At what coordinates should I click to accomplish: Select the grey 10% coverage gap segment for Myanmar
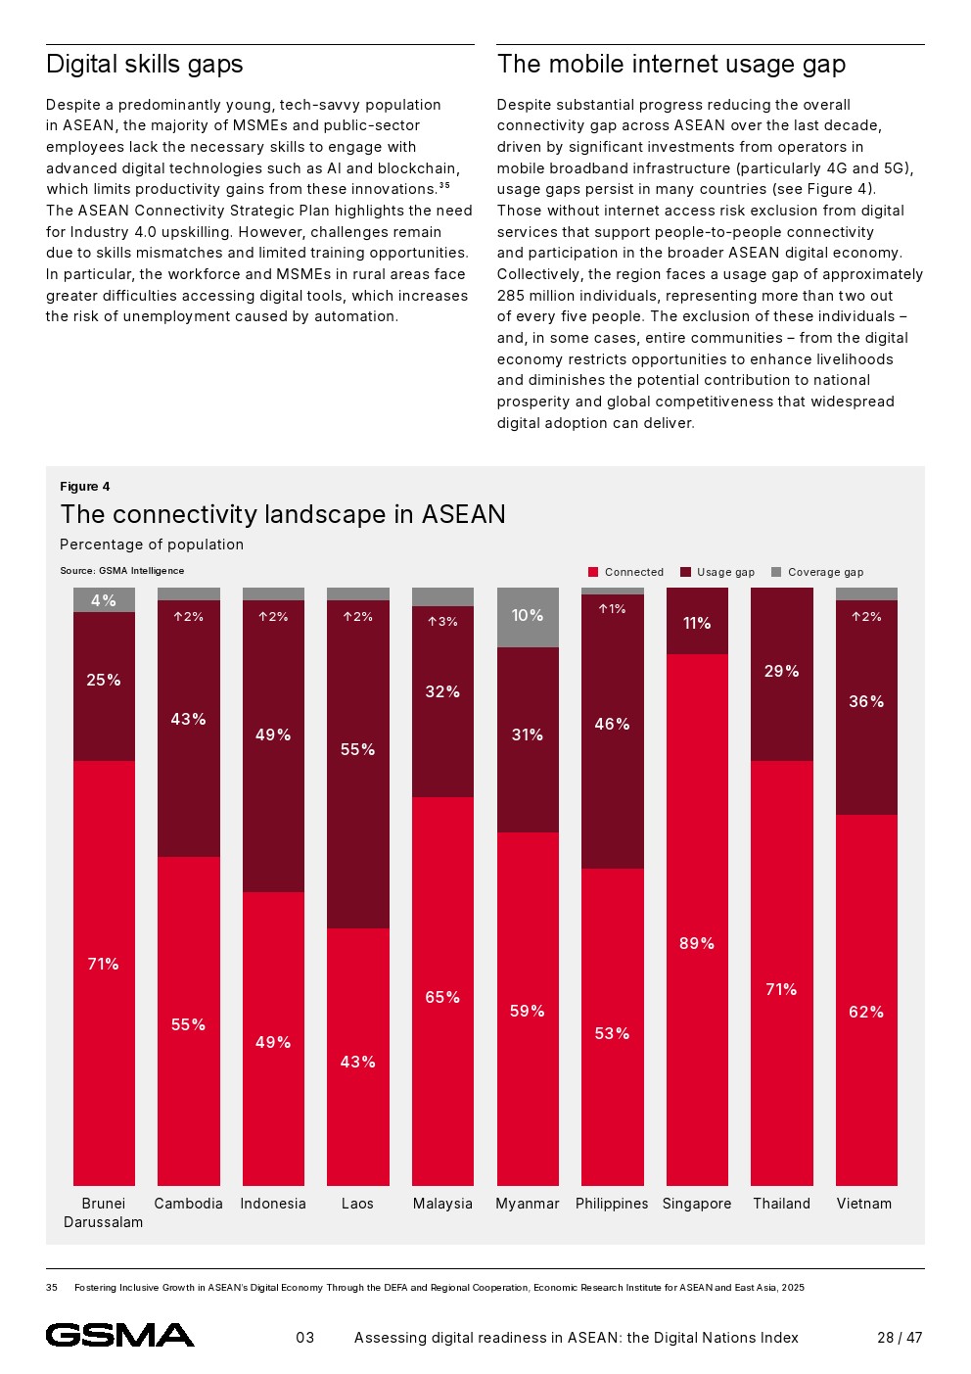(528, 617)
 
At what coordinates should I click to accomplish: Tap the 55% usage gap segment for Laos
(357, 764)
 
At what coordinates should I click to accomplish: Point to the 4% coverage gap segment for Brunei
(104, 600)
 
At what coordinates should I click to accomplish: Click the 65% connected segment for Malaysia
(442, 990)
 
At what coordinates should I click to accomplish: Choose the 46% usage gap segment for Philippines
(612, 731)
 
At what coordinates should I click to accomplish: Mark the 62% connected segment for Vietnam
(866, 999)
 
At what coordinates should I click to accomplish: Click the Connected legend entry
(625, 572)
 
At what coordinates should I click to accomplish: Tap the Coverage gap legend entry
(817, 572)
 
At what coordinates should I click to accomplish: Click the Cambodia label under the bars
(188, 1204)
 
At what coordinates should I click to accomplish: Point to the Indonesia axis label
(273, 1204)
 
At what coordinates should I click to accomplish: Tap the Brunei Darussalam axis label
(104, 1212)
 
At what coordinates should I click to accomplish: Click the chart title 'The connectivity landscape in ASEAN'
(283, 514)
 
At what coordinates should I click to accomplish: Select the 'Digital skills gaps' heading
(145, 65)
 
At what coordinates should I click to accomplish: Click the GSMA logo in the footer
(119, 1335)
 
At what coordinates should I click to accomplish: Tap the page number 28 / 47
(900, 1338)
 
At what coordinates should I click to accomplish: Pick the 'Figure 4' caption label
(85, 487)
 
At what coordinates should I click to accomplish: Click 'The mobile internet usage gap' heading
(671, 65)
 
